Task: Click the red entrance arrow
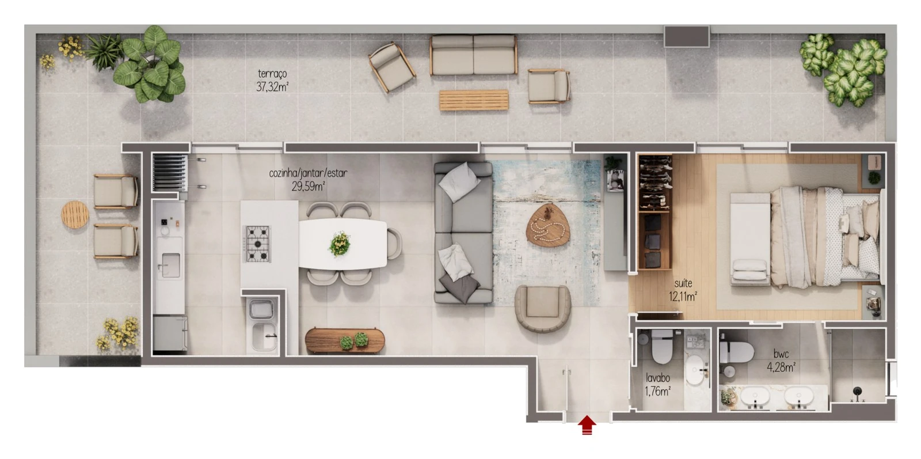click(x=587, y=425)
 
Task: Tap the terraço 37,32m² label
click(x=272, y=81)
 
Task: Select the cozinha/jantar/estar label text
click(x=308, y=173)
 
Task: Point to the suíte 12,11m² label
click(x=683, y=290)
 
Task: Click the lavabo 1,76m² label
click(x=658, y=385)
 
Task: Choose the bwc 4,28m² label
click(x=781, y=361)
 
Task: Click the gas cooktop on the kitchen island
click(x=258, y=244)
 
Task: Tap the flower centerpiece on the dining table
click(x=340, y=244)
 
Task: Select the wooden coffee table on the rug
click(x=548, y=225)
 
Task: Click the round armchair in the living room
click(x=543, y=308)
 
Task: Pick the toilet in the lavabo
click(x=662, y=346)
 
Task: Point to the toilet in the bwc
click(x=736, y=352)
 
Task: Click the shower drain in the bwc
click(x=857, y=392)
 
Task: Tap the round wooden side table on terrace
click(x=75, y=214)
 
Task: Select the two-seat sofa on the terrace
click(x=474, y=55)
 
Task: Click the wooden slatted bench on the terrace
click(x=474, y=100)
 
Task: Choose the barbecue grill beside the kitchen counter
click(x=170, y=173)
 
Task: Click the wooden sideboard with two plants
click(x=345, y=340)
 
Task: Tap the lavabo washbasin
click(x=695, y=370)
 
